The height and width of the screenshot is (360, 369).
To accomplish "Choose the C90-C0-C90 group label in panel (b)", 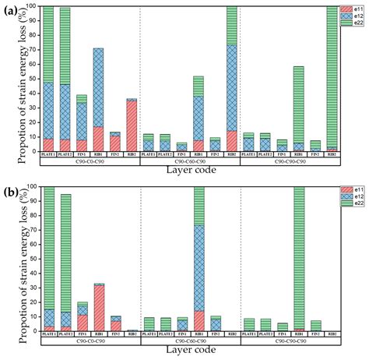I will pos(90,342).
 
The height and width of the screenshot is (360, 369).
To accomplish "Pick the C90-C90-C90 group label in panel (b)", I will pos(289,342).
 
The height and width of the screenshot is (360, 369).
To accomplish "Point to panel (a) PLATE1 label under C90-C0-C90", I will pos(48,155).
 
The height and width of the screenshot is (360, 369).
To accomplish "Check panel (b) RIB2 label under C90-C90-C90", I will pos(331,335).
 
